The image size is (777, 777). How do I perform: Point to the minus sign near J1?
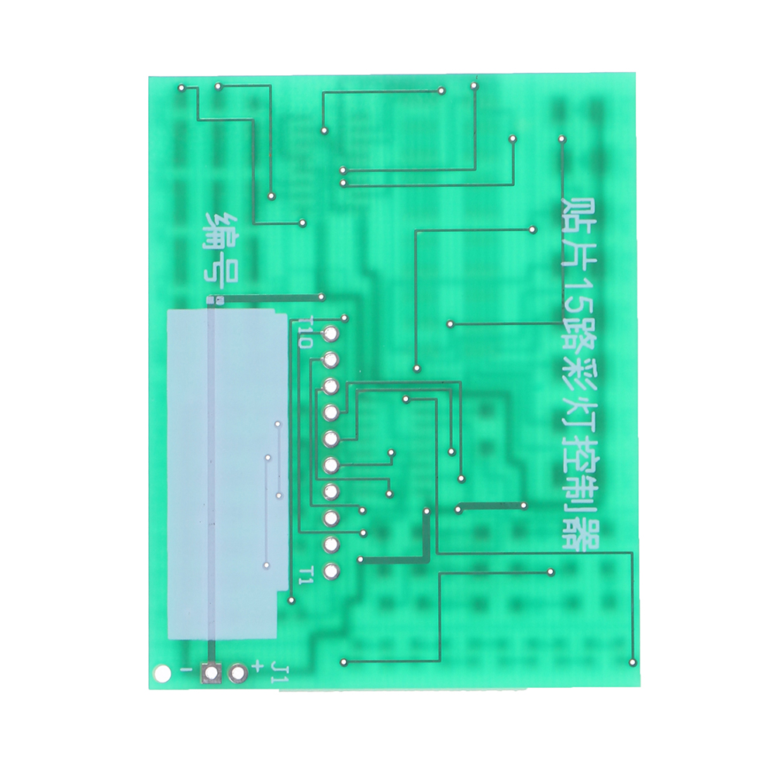(185, 669)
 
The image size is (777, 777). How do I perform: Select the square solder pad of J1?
(212, 672)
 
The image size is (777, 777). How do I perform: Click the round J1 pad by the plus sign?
(237, 672)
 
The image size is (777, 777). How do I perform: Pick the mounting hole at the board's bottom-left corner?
(161, 672)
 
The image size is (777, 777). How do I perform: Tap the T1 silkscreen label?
(306, 575)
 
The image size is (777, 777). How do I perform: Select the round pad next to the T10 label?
(330, 334)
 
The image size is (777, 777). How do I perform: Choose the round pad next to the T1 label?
(331, 572)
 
